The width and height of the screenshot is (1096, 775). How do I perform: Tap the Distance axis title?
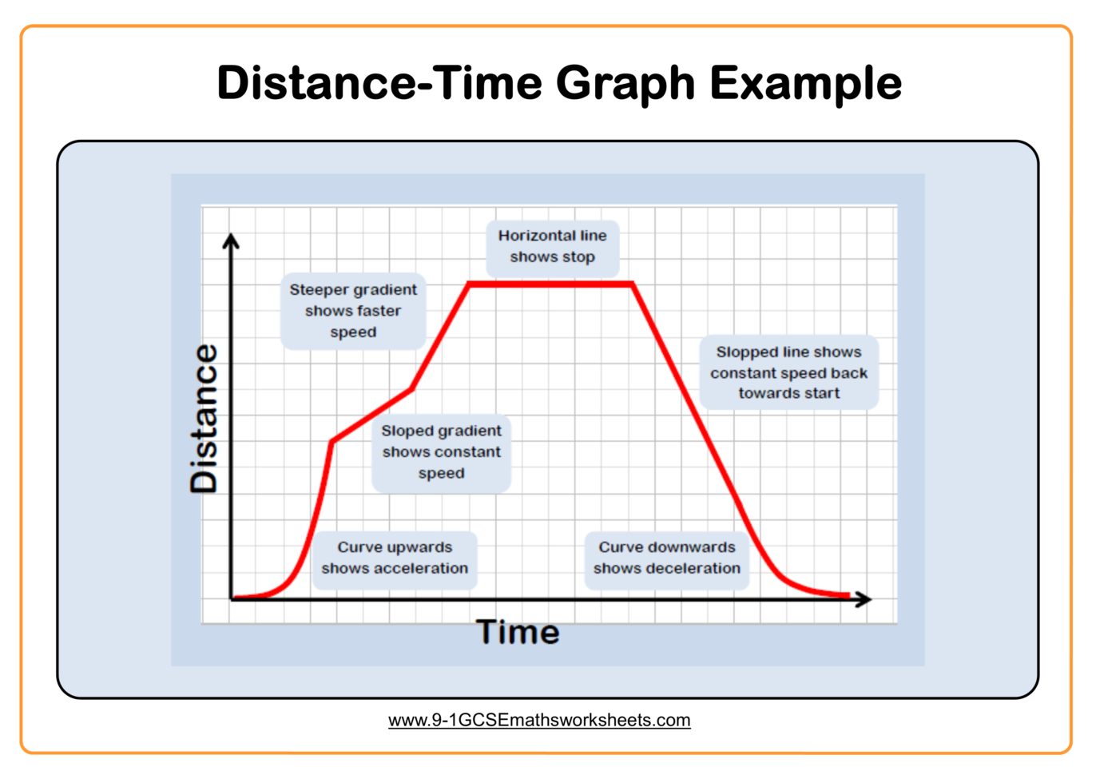coord(204,418)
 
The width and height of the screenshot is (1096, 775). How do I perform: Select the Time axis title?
coord(518,632)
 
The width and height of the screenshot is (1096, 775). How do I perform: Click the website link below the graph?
coord(539,721)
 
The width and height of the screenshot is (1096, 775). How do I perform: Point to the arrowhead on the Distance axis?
coord(231,240)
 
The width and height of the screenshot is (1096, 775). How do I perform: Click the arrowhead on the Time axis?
coord(864,598)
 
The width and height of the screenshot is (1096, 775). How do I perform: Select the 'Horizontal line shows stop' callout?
coord(553,247)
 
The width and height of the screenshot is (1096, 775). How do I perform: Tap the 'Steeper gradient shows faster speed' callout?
coord(353,311)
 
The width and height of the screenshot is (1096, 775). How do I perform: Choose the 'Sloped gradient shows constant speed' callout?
coord(441,452)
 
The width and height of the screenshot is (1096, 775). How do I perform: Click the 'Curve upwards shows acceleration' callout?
coord(395,558)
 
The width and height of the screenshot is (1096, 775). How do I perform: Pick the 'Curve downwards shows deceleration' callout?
coord(667,558)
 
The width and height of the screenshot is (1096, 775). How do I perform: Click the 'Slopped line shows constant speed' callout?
coord(788,372)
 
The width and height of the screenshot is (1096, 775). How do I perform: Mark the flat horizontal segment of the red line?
coord(550,284)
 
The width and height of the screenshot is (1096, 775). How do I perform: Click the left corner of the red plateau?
coord(469,284)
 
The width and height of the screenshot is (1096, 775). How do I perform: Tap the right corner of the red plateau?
coord(632,284)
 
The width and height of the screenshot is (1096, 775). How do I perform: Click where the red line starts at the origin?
coord(233,597)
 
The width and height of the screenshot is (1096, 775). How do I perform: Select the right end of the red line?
coord(848,595)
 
